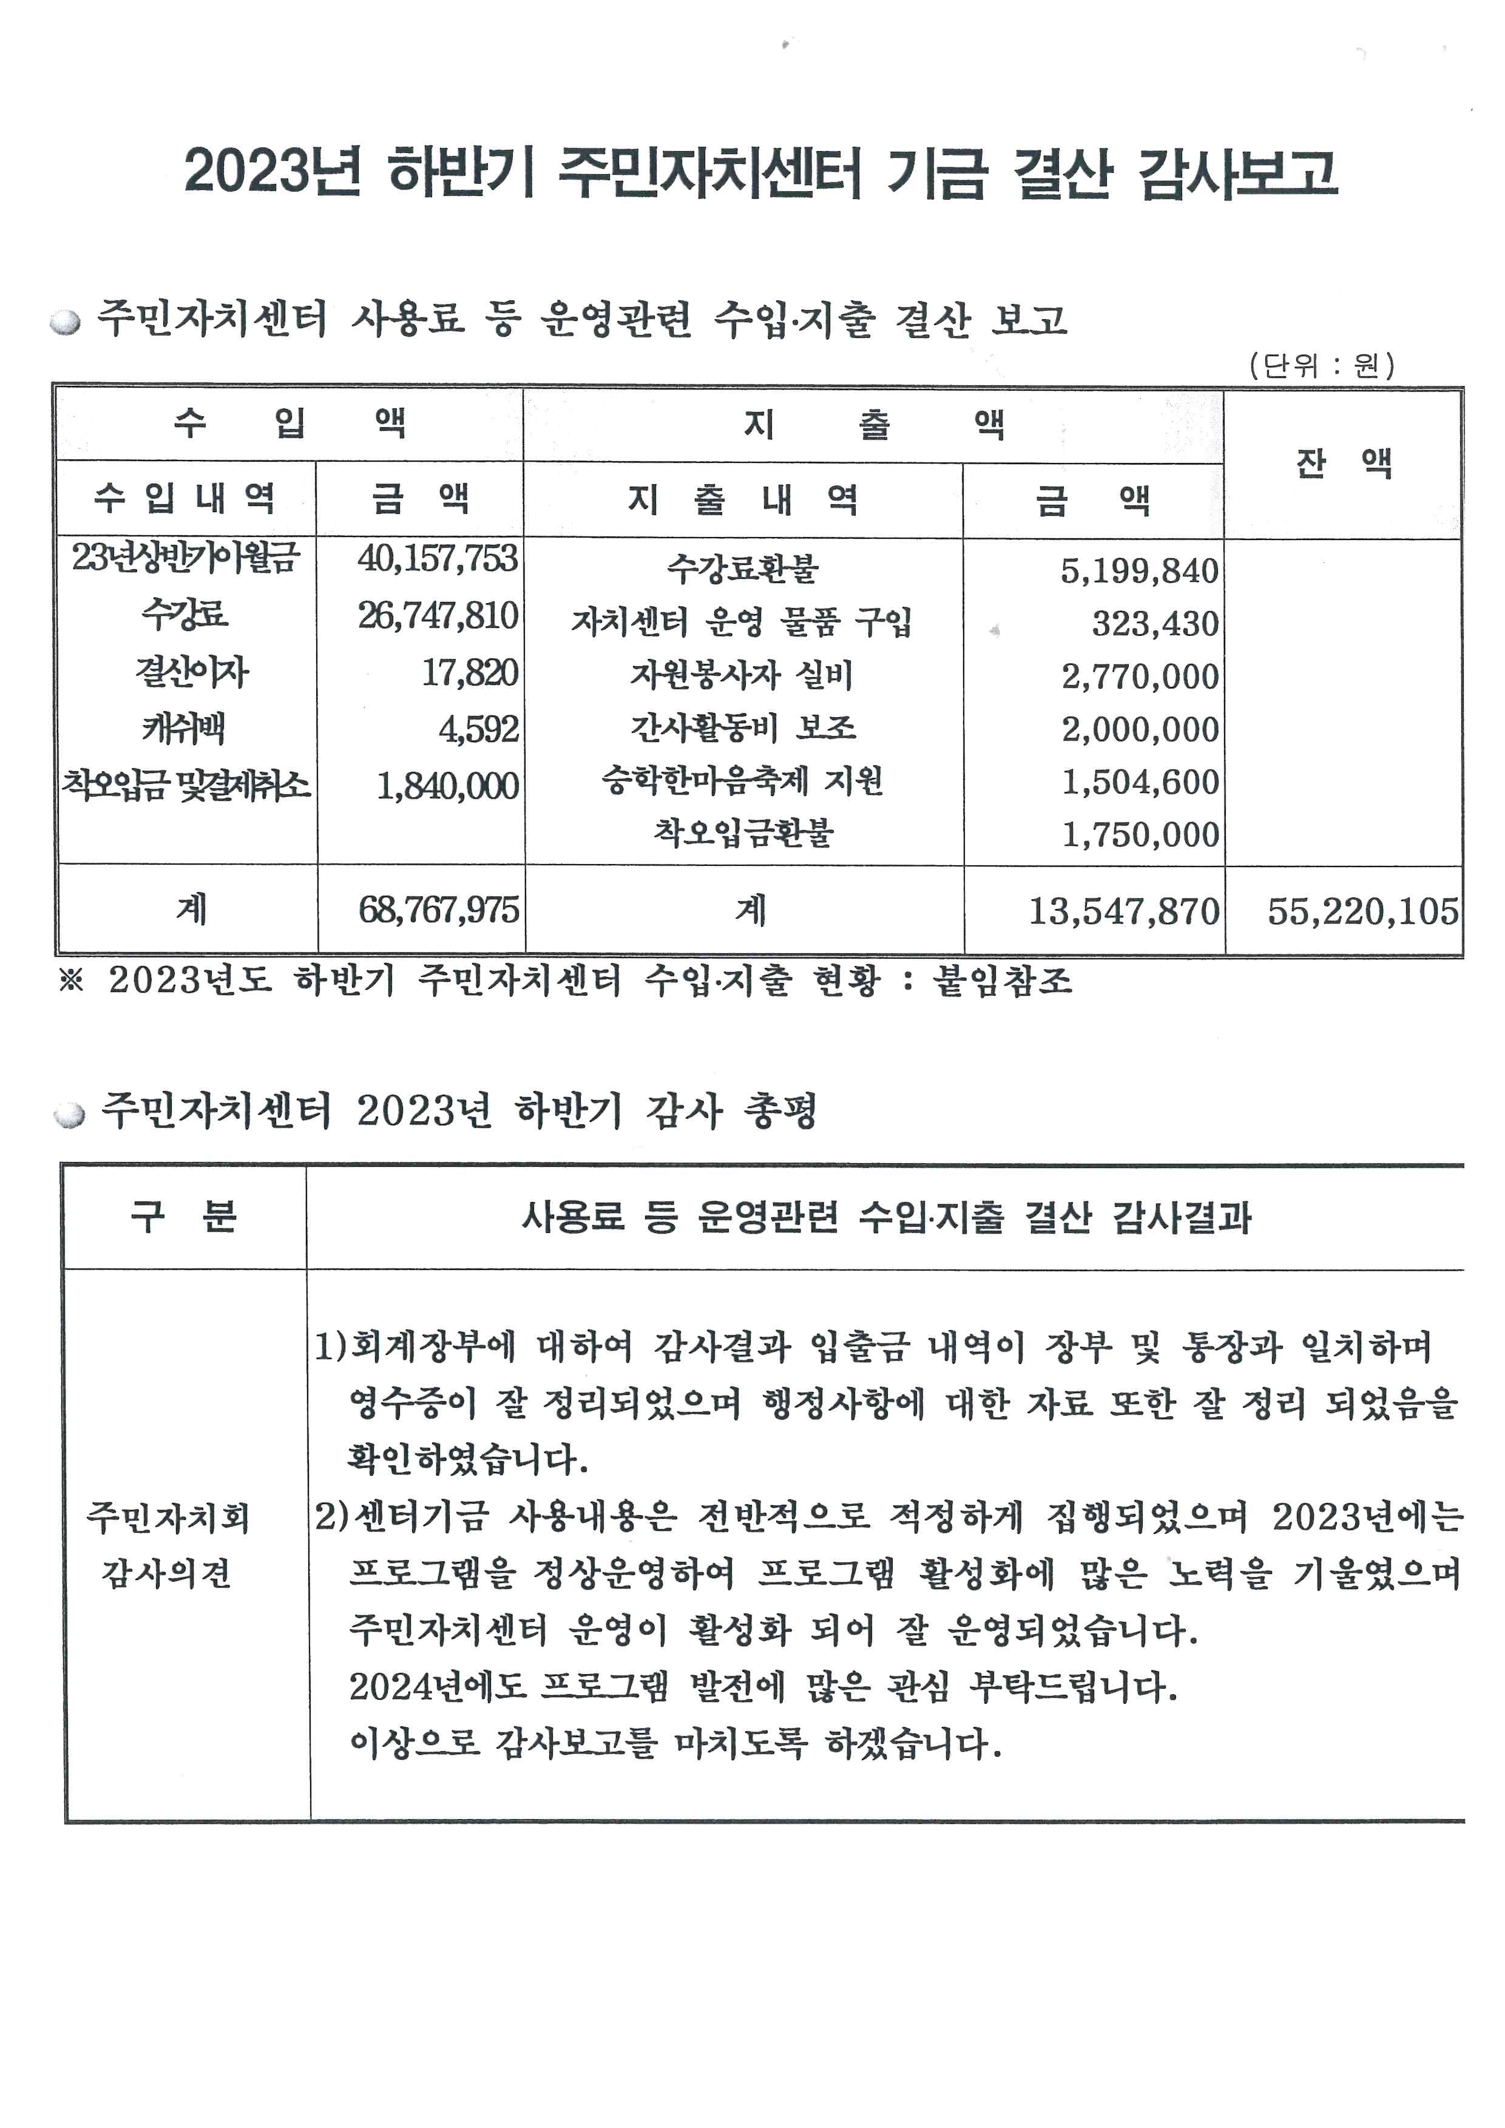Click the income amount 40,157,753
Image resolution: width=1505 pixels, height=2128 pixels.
coord(438,559)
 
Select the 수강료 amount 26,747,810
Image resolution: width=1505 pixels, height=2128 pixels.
coord(438,615)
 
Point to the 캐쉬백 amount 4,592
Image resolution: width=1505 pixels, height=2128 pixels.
coord(478,729)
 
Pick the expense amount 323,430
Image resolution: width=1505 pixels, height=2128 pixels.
coord(1155,624)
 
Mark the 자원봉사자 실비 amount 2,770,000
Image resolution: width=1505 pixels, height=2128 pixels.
coord(1140,677)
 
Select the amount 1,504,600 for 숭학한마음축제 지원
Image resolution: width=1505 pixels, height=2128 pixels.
coord(1140,782)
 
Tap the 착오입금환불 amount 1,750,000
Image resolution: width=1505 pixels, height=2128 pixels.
coord(1140,835)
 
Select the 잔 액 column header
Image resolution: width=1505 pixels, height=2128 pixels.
coord(1344,462)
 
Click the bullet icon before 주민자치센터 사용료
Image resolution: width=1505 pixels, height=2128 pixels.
coord(66,323)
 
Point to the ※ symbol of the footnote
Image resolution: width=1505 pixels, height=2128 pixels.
coord(72,981)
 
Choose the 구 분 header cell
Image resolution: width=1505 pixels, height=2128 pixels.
coord(184,1217)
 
